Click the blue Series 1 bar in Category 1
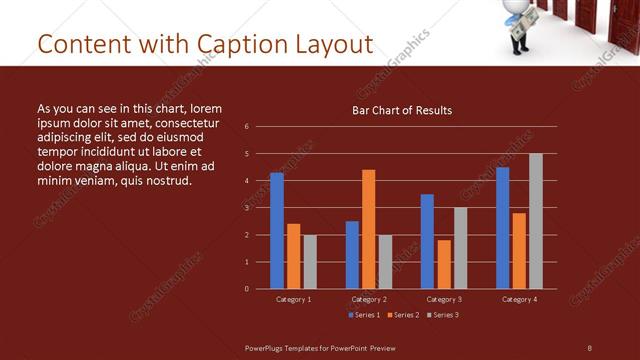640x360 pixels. click(277, 231)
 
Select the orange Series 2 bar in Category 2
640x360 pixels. click(368, 229)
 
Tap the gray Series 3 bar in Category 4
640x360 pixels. click(536, 221)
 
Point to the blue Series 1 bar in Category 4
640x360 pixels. click(502, 228)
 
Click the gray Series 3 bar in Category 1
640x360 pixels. click(310, 262)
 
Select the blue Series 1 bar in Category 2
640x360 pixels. click(352, 255)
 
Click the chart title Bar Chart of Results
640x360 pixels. click(402, 110)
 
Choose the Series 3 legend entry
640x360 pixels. click(443, 315)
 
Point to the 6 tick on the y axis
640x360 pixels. click(246, 127)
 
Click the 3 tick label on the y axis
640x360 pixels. click(246, 208)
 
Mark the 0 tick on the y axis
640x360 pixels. click(246, 289)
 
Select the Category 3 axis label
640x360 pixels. click(444, 299)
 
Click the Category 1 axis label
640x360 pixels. click(293, 299)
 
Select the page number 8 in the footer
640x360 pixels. click(589, 347)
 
